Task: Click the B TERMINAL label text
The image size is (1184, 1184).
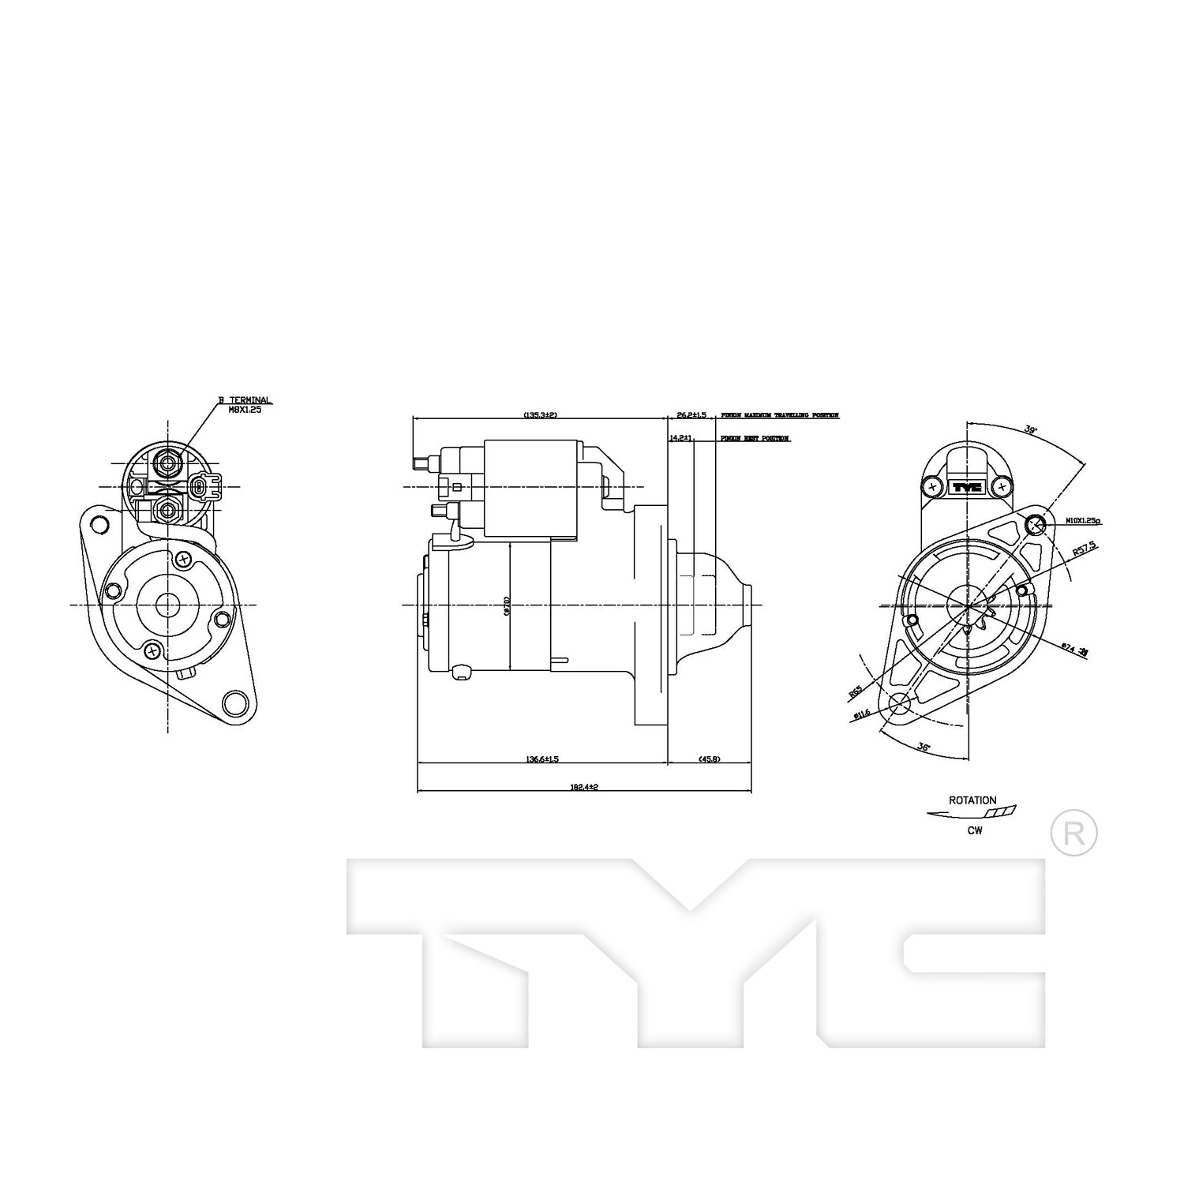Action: coord(245,401)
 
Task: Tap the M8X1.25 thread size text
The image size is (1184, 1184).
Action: coord(245,410)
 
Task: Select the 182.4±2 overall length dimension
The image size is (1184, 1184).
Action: coord(584,787)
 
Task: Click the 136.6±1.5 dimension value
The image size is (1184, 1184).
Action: coord(542,759)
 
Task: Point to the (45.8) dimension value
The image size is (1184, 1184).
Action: coord(709,759)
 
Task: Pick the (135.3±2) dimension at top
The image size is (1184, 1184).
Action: coord(540,414)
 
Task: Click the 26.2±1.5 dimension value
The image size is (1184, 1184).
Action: coord(691,414)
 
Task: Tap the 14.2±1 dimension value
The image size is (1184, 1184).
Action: coord(680,438)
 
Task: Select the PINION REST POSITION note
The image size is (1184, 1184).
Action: coord(755,438)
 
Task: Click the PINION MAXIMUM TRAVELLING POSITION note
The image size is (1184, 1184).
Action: coord(779,414)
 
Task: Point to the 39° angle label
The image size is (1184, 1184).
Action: coord(1030,430)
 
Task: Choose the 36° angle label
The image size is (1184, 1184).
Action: coord(924,745)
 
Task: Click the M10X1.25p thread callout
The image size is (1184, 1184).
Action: coord(1083,522)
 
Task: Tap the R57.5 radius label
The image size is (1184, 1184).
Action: coord(1085,550)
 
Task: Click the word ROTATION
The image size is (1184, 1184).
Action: coord(972,800)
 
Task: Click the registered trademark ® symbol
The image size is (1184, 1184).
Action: coord(1074,834)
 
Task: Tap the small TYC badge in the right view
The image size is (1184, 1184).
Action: coord(966,487)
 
